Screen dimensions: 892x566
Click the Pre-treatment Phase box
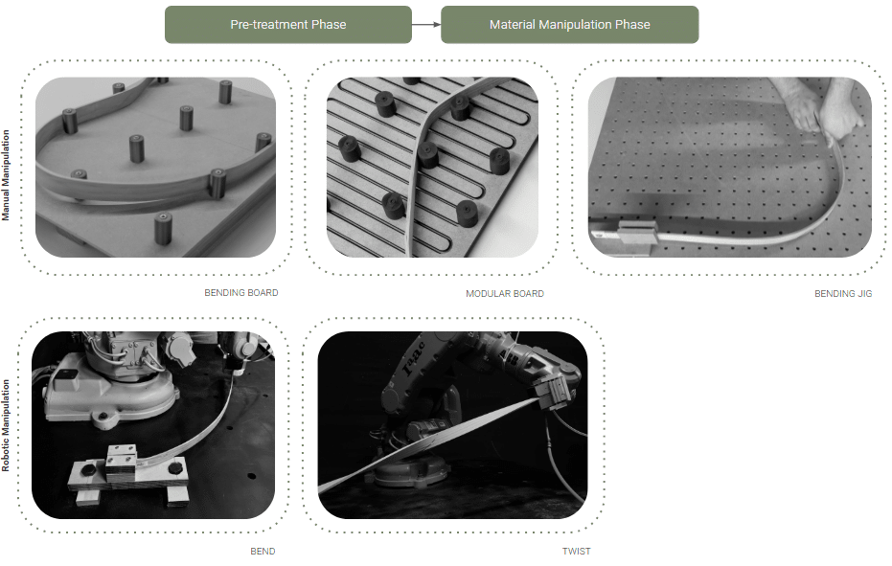pyautogui.click(x=287, y=25)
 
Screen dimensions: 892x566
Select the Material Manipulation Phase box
pyautogui.click(x=569, y=25)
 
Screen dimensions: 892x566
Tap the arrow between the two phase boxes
pyautogui.click(x=426, y=25)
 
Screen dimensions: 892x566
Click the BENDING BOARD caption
pyautogui.click(x=241, y=292)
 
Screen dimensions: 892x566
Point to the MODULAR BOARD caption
pyautogui.click(x=505, y=293)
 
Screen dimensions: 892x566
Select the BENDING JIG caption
pyautogui.click(x=843, y=293)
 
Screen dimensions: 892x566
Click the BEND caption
pyautogui.click(x=263, y=552)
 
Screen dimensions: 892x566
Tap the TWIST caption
pyautogui.click(x=576, y=552)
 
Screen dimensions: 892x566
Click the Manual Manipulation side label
pyautogui.click(x=6, y=175)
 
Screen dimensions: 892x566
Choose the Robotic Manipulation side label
pyautogui.click(x=6, y=425)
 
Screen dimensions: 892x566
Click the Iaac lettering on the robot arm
pyautogui.click(x=414, y=358)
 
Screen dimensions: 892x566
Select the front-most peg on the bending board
pyautogui.click(x=163, y=229)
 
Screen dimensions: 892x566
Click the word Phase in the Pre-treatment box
pyautogui.click(x=329, y=25)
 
